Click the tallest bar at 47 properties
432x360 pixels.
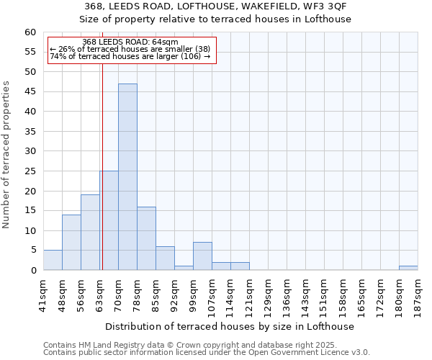127,176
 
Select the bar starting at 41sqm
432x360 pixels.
53,260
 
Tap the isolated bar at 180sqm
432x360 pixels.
408,268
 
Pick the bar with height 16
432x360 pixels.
146,238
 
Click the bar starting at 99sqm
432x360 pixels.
202,256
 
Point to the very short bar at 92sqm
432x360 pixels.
184,268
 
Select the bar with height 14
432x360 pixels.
71,242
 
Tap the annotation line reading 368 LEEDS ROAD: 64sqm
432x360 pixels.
130,42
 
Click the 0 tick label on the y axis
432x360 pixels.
33,271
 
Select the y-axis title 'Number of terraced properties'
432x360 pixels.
6,155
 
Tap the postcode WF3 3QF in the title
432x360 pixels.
328,6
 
